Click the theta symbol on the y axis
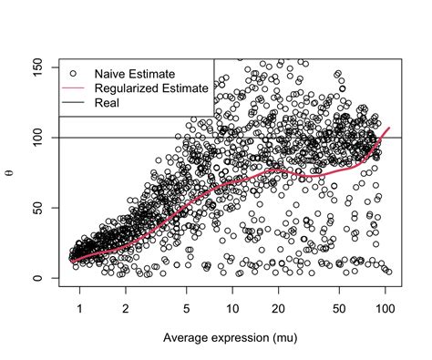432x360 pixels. (x=12, y=171)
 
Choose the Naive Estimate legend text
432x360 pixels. (x=135, y=73)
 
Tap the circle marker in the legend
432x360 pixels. (x=74, y=73)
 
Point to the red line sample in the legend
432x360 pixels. (x=74, y=87)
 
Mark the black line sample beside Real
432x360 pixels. (x=74, y=102)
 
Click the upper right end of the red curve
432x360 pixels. (x=389, y=129)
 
